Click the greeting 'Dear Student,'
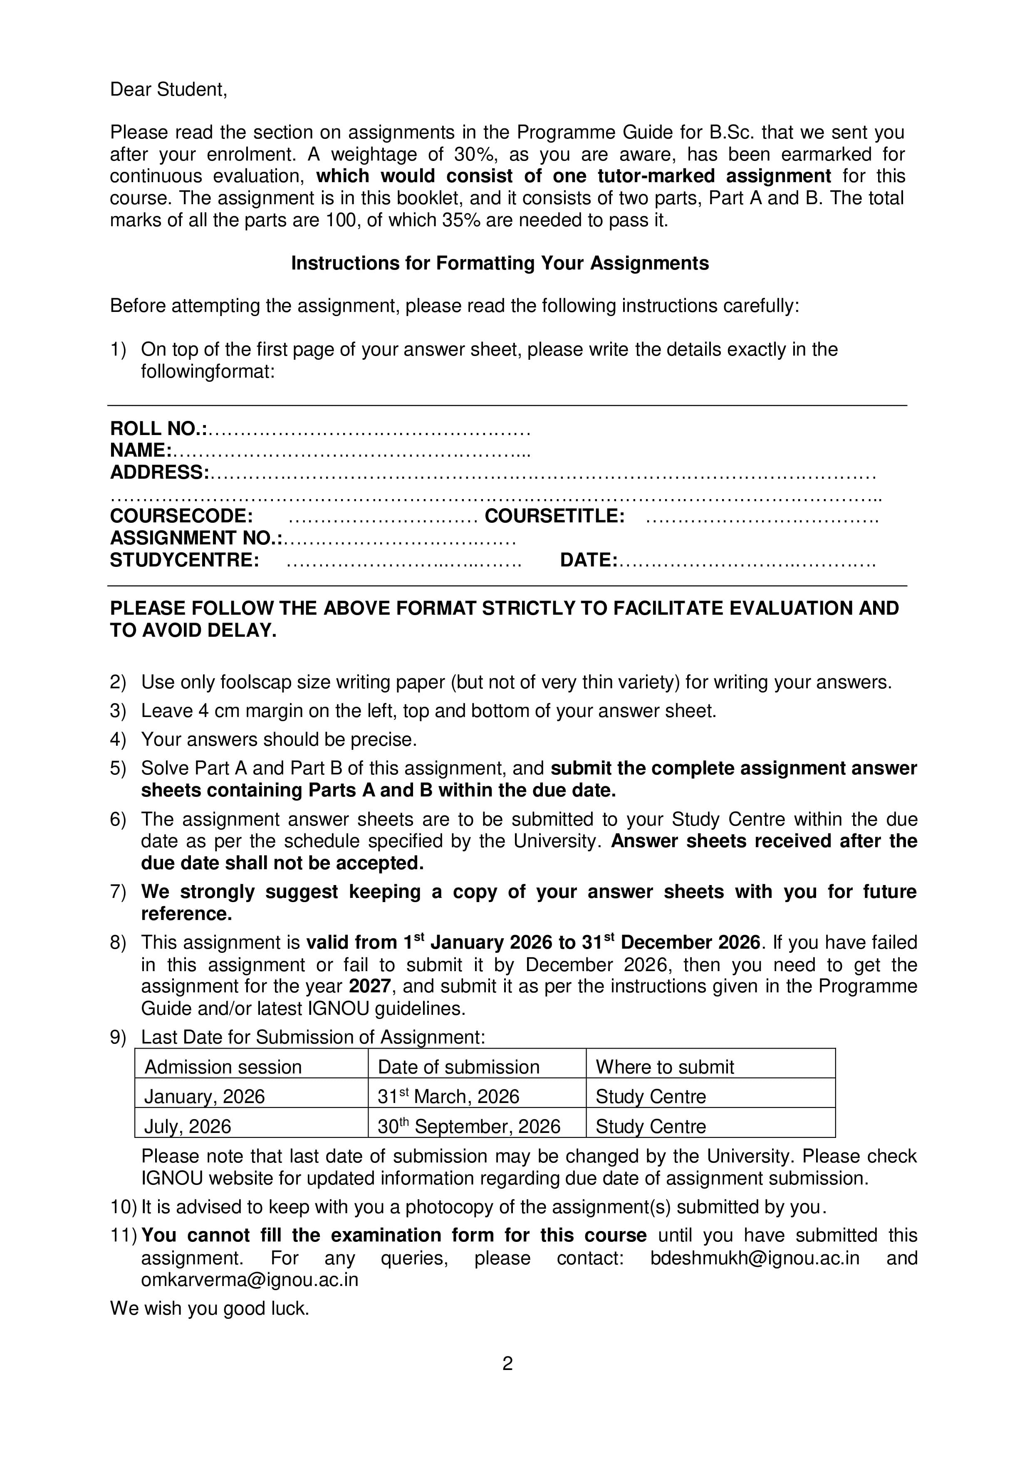coord(168,89)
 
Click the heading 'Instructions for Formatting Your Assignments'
coord(500,263)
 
